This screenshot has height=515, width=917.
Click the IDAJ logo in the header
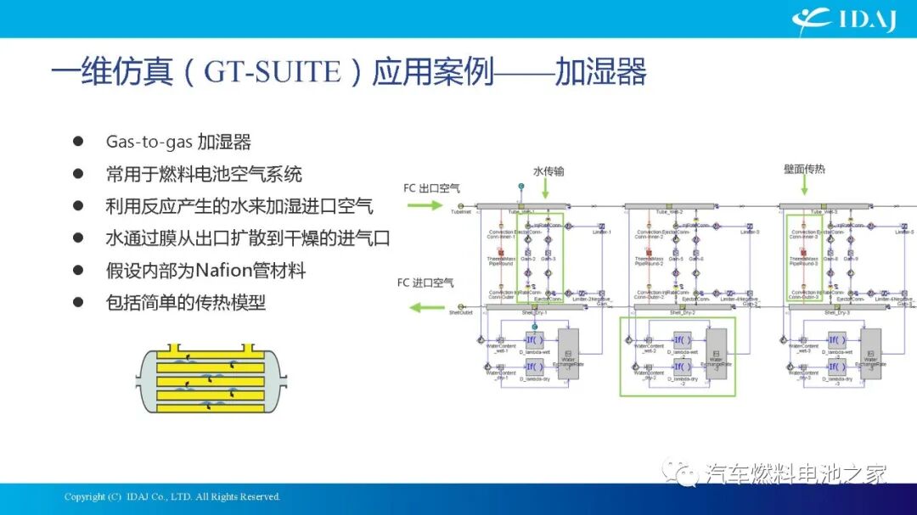[x=844, y=19]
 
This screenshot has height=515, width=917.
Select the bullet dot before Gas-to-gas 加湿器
[x=77, y=141]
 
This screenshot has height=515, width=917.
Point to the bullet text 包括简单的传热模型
[x=185, y=302]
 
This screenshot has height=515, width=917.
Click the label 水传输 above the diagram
[x=549, y=171]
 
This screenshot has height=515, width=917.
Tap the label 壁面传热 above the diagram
[x=803, y=170]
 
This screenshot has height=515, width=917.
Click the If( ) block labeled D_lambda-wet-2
[x=682, y=339]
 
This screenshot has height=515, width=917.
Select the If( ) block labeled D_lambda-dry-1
[x=534, y=367]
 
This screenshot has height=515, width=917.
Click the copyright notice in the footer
[x=172, y=496]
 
